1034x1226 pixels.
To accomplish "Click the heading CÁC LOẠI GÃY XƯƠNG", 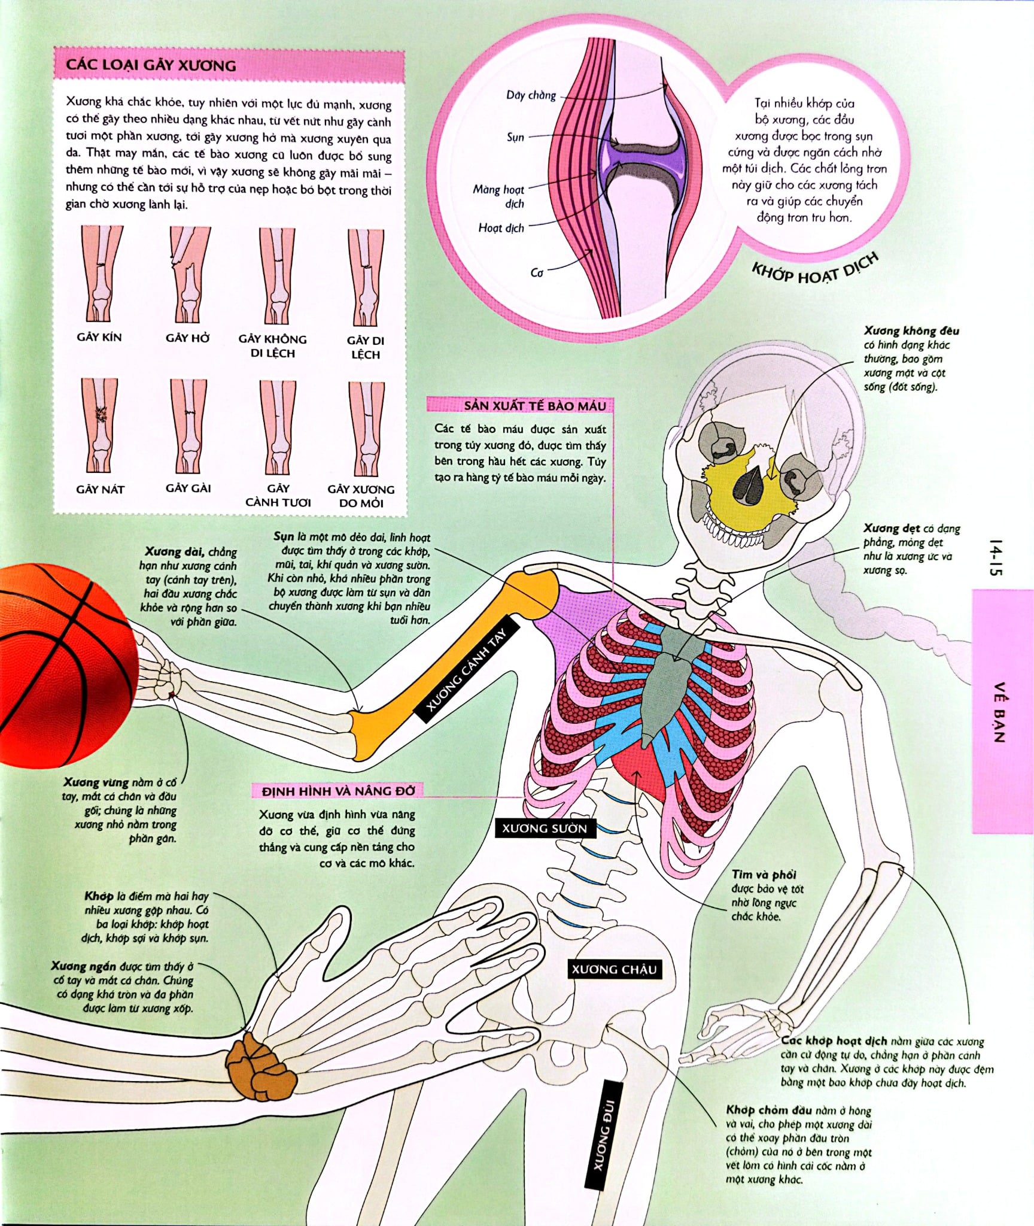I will pos(151,65).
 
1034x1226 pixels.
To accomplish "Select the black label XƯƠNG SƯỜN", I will pos(544,829).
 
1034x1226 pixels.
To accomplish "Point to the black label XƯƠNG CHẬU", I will pos(614,969).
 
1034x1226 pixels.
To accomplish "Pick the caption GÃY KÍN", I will pos(99,337).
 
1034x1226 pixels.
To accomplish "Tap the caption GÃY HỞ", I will pos(188,338).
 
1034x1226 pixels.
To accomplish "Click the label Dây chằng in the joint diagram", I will pos(531,95).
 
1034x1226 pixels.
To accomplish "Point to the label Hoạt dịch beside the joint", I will pos(501,228).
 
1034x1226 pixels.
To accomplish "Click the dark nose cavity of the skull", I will pos(753,482).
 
